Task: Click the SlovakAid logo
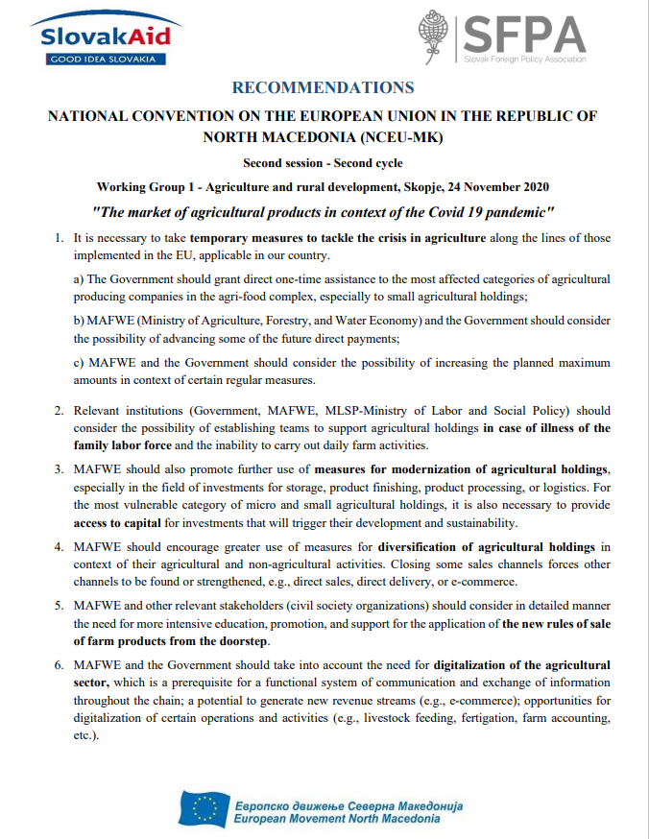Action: tap(105, 38)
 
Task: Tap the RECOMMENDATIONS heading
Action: tap(323, 87)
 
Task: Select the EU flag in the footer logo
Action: tap(204, 810)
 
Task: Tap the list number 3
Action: tap(59, 469)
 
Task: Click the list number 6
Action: tap(59, 664)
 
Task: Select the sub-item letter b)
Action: tap(81, 320)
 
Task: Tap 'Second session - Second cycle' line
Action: tap(323, 162)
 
